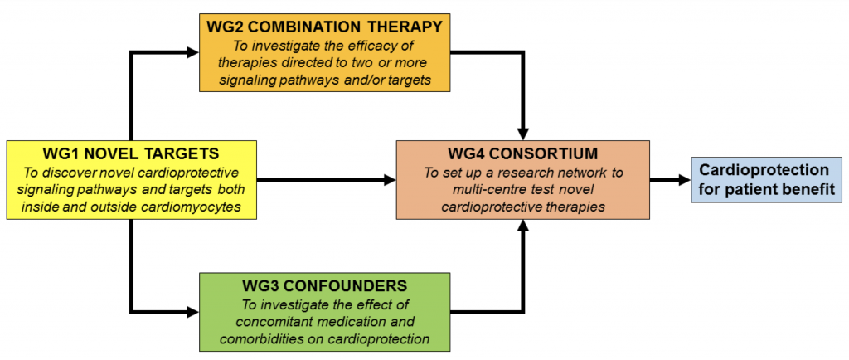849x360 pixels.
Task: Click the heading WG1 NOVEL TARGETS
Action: [130, 153]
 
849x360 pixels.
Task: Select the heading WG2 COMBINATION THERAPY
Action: [325, 26]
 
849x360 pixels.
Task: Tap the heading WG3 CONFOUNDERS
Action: [325, 285]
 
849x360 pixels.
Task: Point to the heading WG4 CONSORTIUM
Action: [522, 153]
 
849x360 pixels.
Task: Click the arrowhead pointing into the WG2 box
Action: [192, 52]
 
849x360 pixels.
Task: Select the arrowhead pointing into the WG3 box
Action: [192, 312]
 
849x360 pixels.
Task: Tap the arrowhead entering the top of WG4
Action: [522, 134]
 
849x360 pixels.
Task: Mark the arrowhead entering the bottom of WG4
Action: [522, 226]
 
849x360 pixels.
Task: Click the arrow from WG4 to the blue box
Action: [670, 180]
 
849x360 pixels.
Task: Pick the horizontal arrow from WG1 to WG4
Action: [325, 180]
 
